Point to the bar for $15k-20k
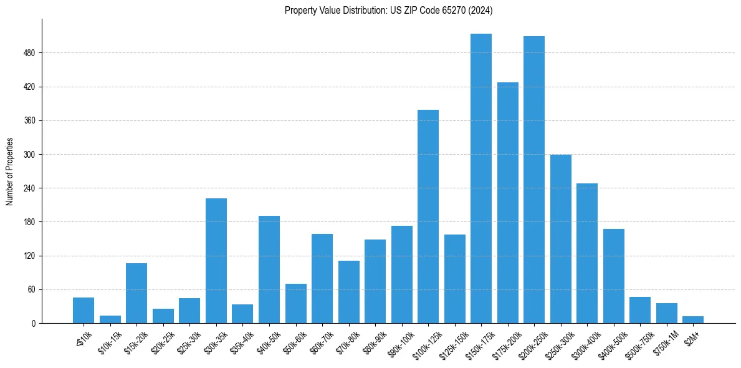point(136,293)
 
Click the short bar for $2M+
point(693,319)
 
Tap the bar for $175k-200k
point(507,203)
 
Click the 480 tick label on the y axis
point(29,53)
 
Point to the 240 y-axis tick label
point(29,188)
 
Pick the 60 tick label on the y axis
point(31,289)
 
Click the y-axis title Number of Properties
point(9,172)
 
